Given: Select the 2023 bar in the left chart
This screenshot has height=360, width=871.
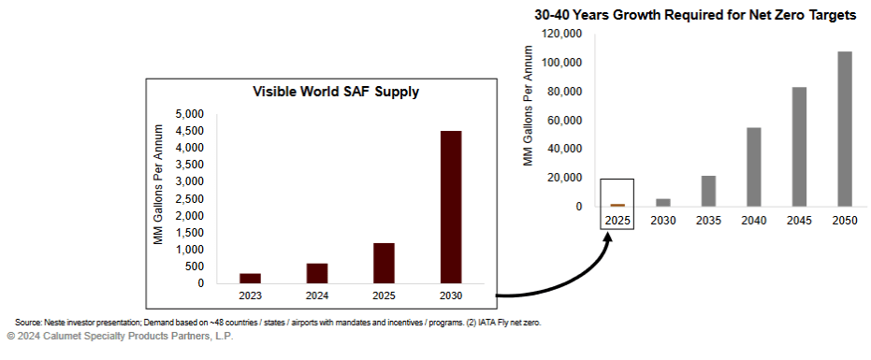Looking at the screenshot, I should click(x=250, y=278).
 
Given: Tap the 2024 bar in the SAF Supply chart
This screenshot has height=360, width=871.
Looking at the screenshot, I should click(x=317, y=273).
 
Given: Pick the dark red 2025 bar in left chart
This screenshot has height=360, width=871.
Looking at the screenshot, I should click(x=383, y=263).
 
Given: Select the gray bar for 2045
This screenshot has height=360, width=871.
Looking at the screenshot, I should click(x=799, y=147).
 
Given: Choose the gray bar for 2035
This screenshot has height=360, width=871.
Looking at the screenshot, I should click(x=708, y=191).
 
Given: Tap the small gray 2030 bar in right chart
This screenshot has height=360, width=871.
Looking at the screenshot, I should click(x=662, y=202).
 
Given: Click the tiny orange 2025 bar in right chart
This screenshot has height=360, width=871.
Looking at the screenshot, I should click(x=617, y=205).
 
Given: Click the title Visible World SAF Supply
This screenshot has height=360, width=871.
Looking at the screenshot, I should click(x=336, y=92).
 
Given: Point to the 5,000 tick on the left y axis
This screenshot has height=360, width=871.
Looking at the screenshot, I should click(x=190, y=114).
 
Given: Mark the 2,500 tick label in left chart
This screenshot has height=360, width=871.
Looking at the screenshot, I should click(x=190, y=199).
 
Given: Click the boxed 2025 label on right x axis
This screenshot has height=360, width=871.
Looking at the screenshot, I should click(x=617, y=220).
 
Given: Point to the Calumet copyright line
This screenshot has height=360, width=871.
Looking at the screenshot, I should click(x=119, y=336).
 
